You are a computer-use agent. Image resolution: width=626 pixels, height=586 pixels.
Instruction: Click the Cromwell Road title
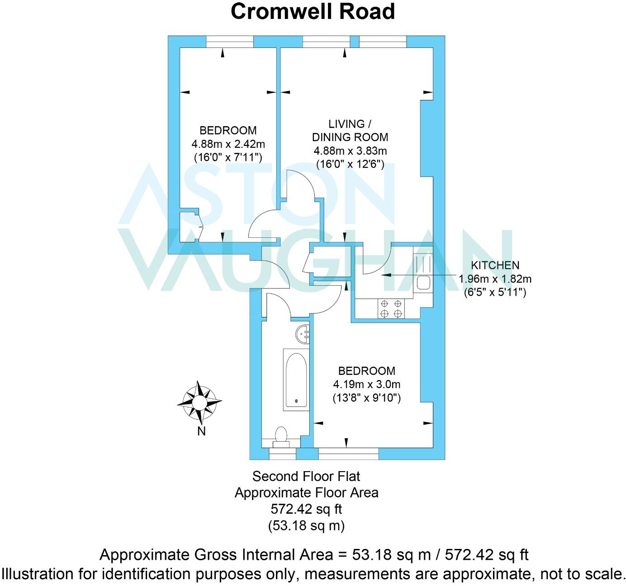tap(313, 12)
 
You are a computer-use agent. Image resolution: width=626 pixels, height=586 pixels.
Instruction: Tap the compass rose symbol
tap(199, 402)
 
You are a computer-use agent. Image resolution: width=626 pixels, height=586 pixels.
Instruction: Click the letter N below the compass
tap(201, 431)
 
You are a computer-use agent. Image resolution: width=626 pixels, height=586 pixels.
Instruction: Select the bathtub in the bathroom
tap(296, 379)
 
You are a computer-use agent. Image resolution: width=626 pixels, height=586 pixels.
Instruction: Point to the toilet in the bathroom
tap(281, 437)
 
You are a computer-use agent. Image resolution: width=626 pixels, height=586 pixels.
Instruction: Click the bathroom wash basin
tap(303, 334)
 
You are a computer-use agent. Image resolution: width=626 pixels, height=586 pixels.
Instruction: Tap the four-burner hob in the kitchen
tap(391, 309)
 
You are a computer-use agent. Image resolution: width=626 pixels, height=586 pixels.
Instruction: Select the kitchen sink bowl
tap(423, 283)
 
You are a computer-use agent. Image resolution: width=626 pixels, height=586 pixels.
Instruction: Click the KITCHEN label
tap(495, 265)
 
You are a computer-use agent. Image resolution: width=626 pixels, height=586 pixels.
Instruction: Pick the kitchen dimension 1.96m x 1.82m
tap(495, 279)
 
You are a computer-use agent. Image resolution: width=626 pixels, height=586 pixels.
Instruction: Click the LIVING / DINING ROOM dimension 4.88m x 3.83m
tap(350, 151)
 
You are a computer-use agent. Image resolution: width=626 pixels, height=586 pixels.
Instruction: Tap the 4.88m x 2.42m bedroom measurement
tap(228, 144)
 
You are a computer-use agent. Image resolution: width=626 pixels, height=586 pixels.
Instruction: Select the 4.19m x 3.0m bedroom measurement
tap(366, 384)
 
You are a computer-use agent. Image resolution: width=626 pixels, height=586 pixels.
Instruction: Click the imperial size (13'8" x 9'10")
tap(366, 398)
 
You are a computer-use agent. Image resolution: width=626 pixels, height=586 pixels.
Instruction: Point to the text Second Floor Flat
tap(306, 476)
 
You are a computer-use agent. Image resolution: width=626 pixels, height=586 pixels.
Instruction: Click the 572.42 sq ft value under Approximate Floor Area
tap(306, 509)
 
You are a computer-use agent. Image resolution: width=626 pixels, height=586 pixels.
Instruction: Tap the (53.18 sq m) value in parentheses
tap(306, 525)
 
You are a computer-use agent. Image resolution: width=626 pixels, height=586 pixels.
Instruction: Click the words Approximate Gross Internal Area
tap(216, 555)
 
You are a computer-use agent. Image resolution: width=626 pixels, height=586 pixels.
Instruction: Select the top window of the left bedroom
tap(230, 42)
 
